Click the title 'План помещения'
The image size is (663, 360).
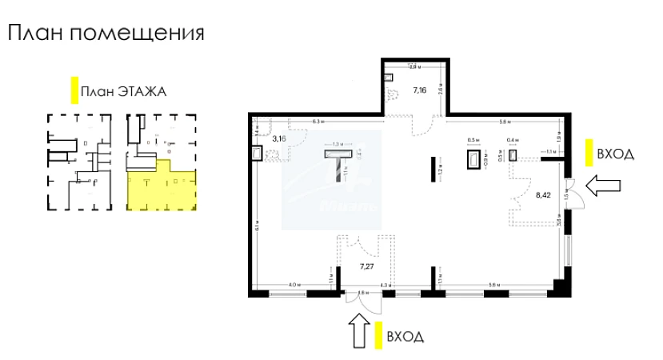pos(106,34)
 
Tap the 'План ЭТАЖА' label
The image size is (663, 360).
pos(124,91)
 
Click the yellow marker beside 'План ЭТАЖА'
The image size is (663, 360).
pos(74,90)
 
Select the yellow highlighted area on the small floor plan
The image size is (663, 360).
pos(160,185)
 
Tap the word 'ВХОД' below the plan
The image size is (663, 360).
pos(405,336)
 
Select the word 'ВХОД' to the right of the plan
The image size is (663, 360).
pos(615,154)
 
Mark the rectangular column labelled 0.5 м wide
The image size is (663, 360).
pos(473,157)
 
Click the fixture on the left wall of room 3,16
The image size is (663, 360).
pos(257,153)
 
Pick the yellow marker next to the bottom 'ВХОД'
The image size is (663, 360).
pos(375,335)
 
